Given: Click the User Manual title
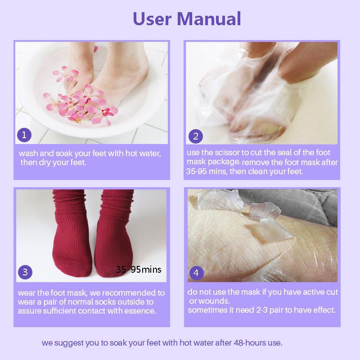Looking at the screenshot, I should (187, 18).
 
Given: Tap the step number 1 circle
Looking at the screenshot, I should (24, 135).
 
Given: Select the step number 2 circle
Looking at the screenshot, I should (196, 135).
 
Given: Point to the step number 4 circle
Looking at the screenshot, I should (196, 273).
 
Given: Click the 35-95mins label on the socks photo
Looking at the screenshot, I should (138, 270).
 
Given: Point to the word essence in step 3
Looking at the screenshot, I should (141, 311).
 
